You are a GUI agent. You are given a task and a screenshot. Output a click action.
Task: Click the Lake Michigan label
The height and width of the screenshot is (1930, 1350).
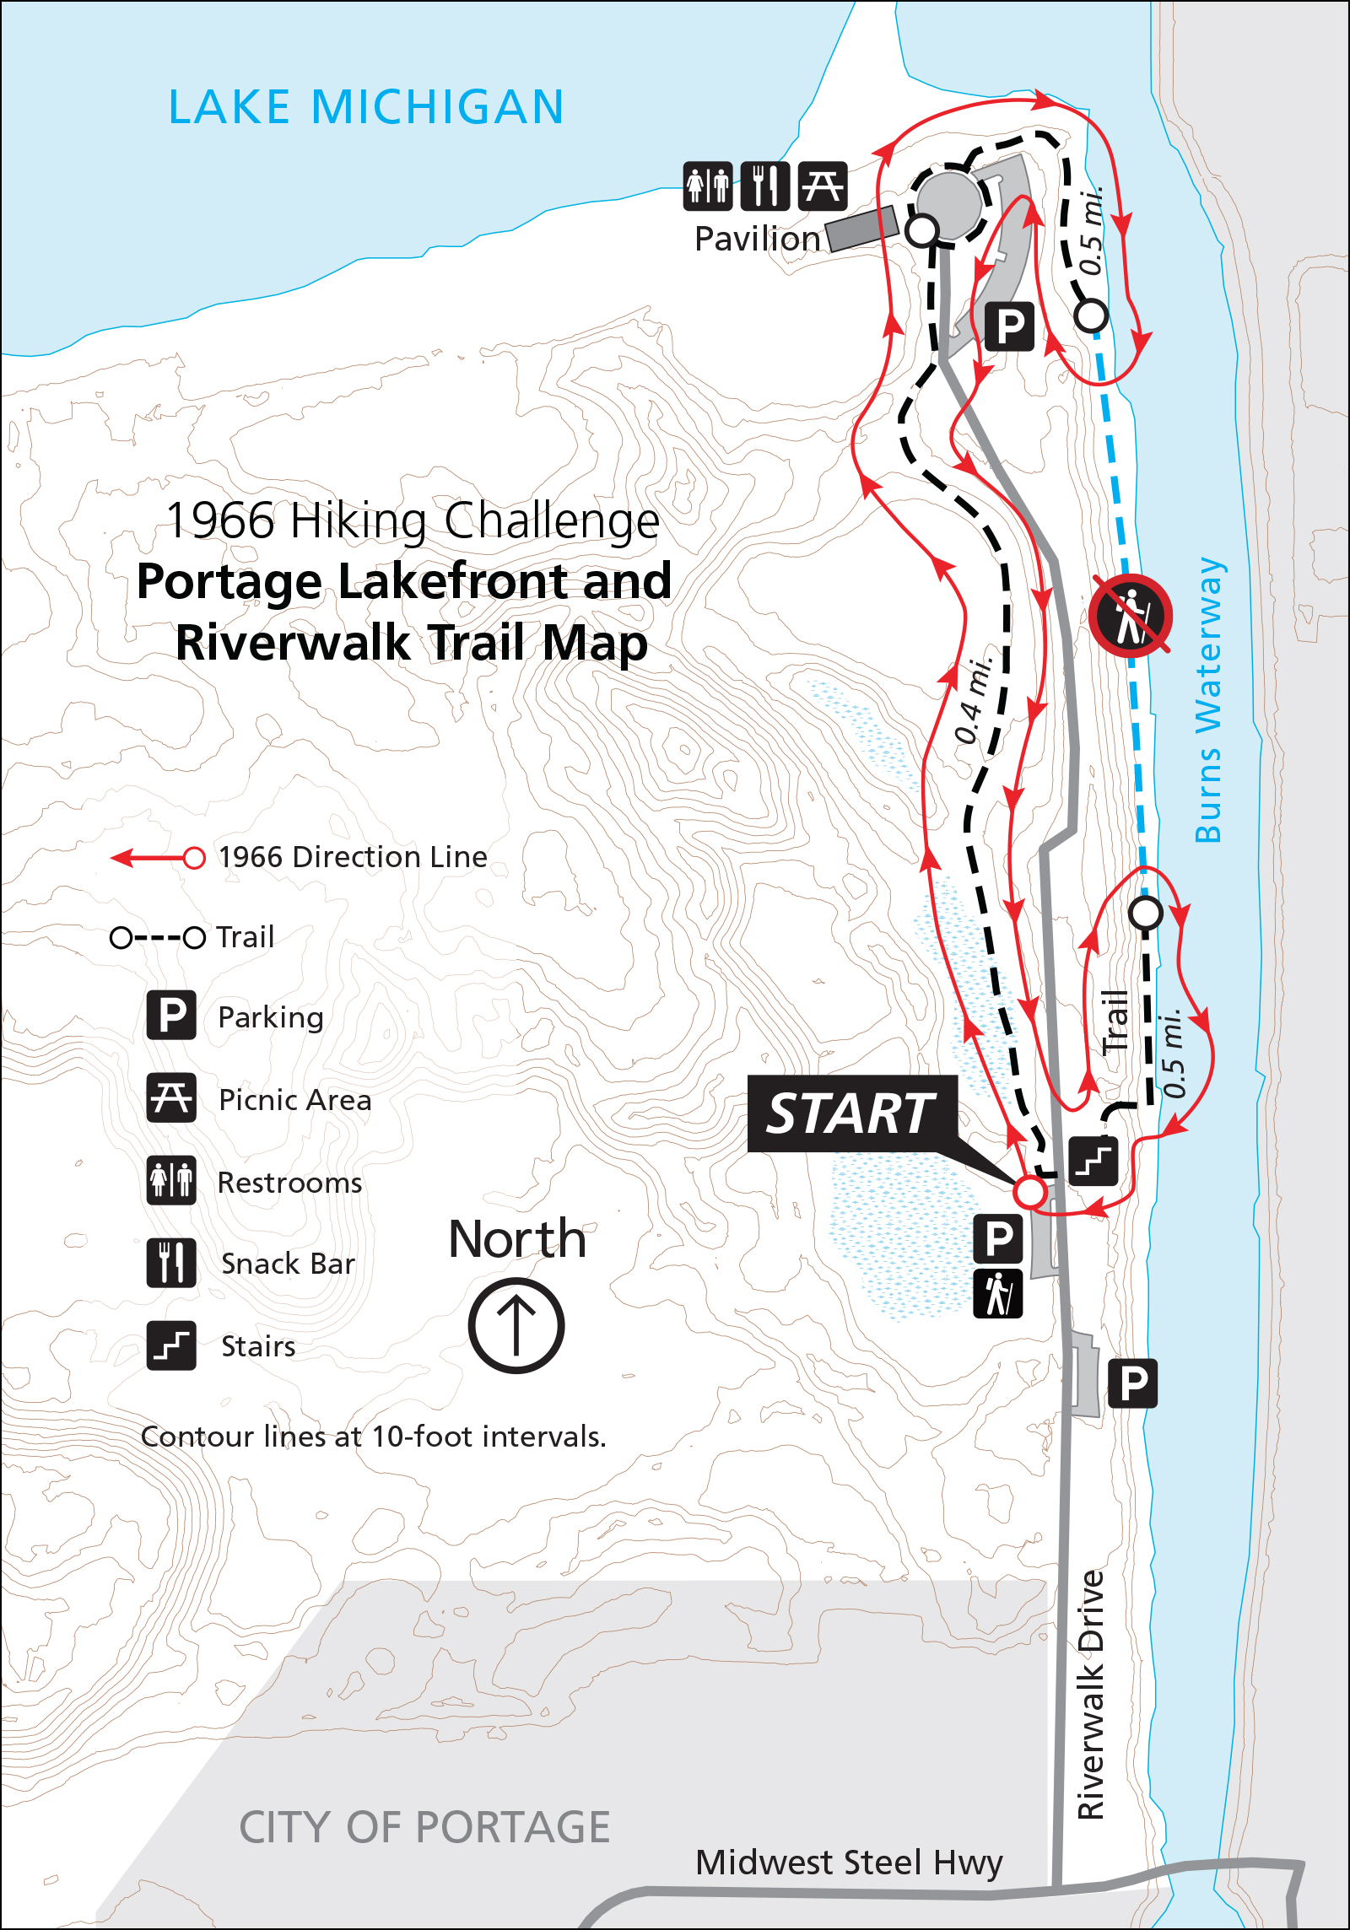tap(366, 107)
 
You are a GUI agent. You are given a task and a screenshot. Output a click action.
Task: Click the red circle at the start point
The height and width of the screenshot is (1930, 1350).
tap(1029, 1192)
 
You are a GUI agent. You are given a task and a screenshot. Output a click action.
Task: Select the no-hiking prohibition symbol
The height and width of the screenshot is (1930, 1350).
tap(1130, 616)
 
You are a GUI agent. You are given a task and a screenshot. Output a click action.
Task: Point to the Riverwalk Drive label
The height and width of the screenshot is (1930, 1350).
tap(1091, 1695)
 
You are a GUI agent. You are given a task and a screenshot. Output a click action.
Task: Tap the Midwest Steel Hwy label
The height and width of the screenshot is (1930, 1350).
tap(849, 1863)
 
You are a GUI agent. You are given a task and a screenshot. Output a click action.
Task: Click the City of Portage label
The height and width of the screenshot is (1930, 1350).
tap(424, 1827)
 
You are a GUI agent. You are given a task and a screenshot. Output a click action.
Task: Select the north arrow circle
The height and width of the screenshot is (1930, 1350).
tap(516, 1325)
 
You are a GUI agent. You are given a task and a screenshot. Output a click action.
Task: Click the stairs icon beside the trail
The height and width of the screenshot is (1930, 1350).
tap(1093, 1162)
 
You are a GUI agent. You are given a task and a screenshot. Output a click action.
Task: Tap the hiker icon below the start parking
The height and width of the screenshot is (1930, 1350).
tap(998, 1293)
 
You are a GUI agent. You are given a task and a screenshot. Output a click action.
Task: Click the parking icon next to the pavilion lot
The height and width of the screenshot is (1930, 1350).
tap(1010, 326)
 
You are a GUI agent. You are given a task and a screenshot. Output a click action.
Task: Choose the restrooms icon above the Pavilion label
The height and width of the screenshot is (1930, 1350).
tap(707, 186)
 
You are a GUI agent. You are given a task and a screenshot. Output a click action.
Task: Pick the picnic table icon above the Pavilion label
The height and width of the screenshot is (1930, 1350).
tap(822, 186)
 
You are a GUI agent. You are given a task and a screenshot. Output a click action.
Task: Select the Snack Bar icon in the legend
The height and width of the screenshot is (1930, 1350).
tap(171, 1263)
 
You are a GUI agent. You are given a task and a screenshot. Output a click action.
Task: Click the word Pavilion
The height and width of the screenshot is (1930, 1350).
tap(757, 240)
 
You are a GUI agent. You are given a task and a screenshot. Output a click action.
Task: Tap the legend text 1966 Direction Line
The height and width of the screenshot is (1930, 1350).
tap(353, 857)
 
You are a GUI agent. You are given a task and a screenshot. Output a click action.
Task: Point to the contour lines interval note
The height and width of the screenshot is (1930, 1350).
tap(374, 1437)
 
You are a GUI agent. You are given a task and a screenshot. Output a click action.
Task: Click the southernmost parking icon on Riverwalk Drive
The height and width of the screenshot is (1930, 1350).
tap(1132, 1383)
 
